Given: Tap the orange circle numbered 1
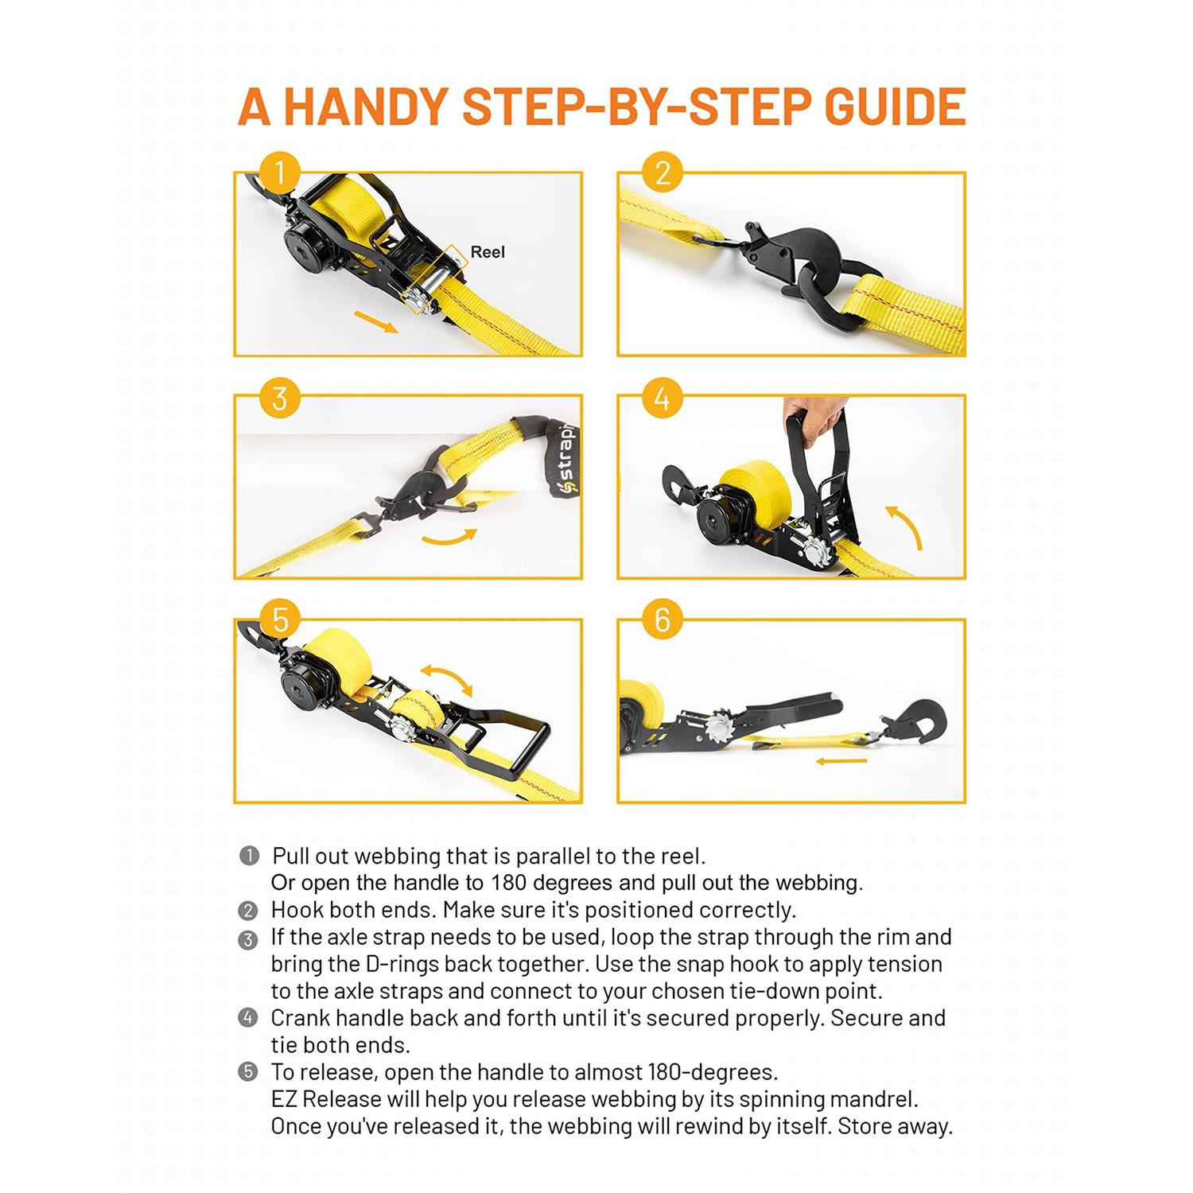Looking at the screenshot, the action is click(x=279, y=173).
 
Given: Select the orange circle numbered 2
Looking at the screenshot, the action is click(x=663, y=173).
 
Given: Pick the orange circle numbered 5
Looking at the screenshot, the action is click(x=279, y=620).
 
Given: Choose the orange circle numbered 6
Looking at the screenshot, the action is click(x=663, y=620).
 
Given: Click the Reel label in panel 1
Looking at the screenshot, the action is click(x=488, y=252).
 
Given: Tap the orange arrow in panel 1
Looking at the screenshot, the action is click(x=375, y=322).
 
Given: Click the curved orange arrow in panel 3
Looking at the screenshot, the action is click(x=450, y=539).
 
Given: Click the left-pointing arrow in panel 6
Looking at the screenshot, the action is click(x=841, y=761).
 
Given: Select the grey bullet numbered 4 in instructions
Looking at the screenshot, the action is click(x=248, y=1018).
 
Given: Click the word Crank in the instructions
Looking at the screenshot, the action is click(x=300, y=1018).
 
